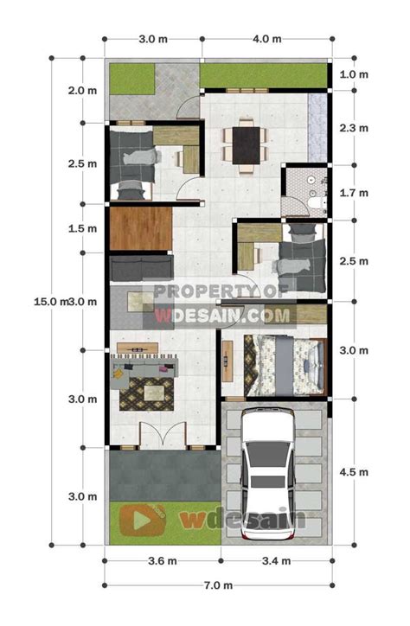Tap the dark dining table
[x=247, y=145]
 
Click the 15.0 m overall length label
[x=50, y=302]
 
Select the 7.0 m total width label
[x=218, y=585]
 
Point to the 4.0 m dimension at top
[x=266, y=39]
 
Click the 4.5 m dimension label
[x=354, y=472]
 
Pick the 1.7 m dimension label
[x=354, y=193]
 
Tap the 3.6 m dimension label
[x=163, y=561]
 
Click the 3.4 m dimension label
[x=276, y=561]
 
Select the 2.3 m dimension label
[x=354, y=128]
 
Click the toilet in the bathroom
[x=316, y=203]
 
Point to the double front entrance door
[x=163, y=435]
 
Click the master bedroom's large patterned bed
[x=285, y=366]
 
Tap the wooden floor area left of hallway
[x=141, y=228]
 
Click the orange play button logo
[x=143, y=520]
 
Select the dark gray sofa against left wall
[x=141, y=268]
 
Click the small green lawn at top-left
[x=132, y=79]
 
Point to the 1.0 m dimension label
[x=354, y=74]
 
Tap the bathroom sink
[x=311, y=181]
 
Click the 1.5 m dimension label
[x=82, y=228]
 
